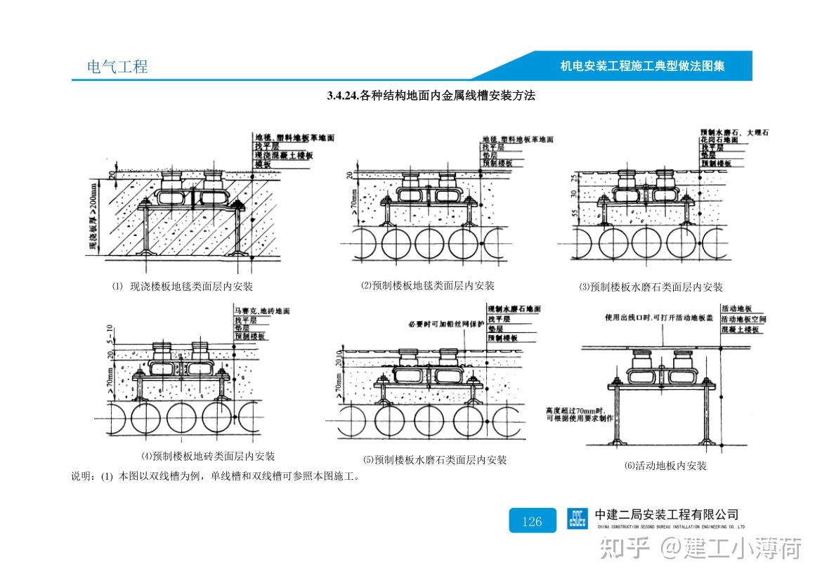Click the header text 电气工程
117,67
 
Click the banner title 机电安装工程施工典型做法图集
642,66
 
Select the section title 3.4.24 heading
431,96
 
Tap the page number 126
532,521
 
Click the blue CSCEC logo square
578,518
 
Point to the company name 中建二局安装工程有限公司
666,515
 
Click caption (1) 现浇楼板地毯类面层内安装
183,286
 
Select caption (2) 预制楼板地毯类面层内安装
428,285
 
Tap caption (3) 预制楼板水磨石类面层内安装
651,287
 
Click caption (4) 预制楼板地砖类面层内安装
208,456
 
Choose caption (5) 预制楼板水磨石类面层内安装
434,460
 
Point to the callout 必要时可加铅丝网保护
446,325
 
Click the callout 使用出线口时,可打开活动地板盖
659,318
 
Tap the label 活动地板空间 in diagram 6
743,319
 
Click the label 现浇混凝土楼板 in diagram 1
283,155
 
